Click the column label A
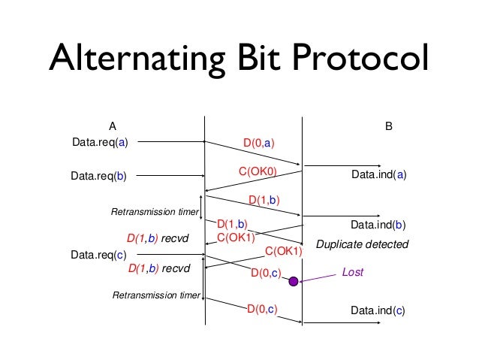pyautogui.click(x=112, y=126)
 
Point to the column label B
pyautogui.click(x=389, y=126)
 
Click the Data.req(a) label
pyautogui.click(x=99, y=141)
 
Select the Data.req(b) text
pyautogui.click(x=99, y=177)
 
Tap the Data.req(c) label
pyautogui.click(x=99, y=256)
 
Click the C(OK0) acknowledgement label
pyautogui.click(x=258, y=172)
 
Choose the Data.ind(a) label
pyautogui.click(x=378, y=175)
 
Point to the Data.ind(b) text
pyautogui.click(x=378, y=225)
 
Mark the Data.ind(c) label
pyautogui.click(x=378, y=310)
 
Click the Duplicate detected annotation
pyautogui.click(x=362, y=245)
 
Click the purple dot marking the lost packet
pyautogui.click(x=294, y=282)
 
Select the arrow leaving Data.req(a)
pyautogui.click(x=173, y=141)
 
